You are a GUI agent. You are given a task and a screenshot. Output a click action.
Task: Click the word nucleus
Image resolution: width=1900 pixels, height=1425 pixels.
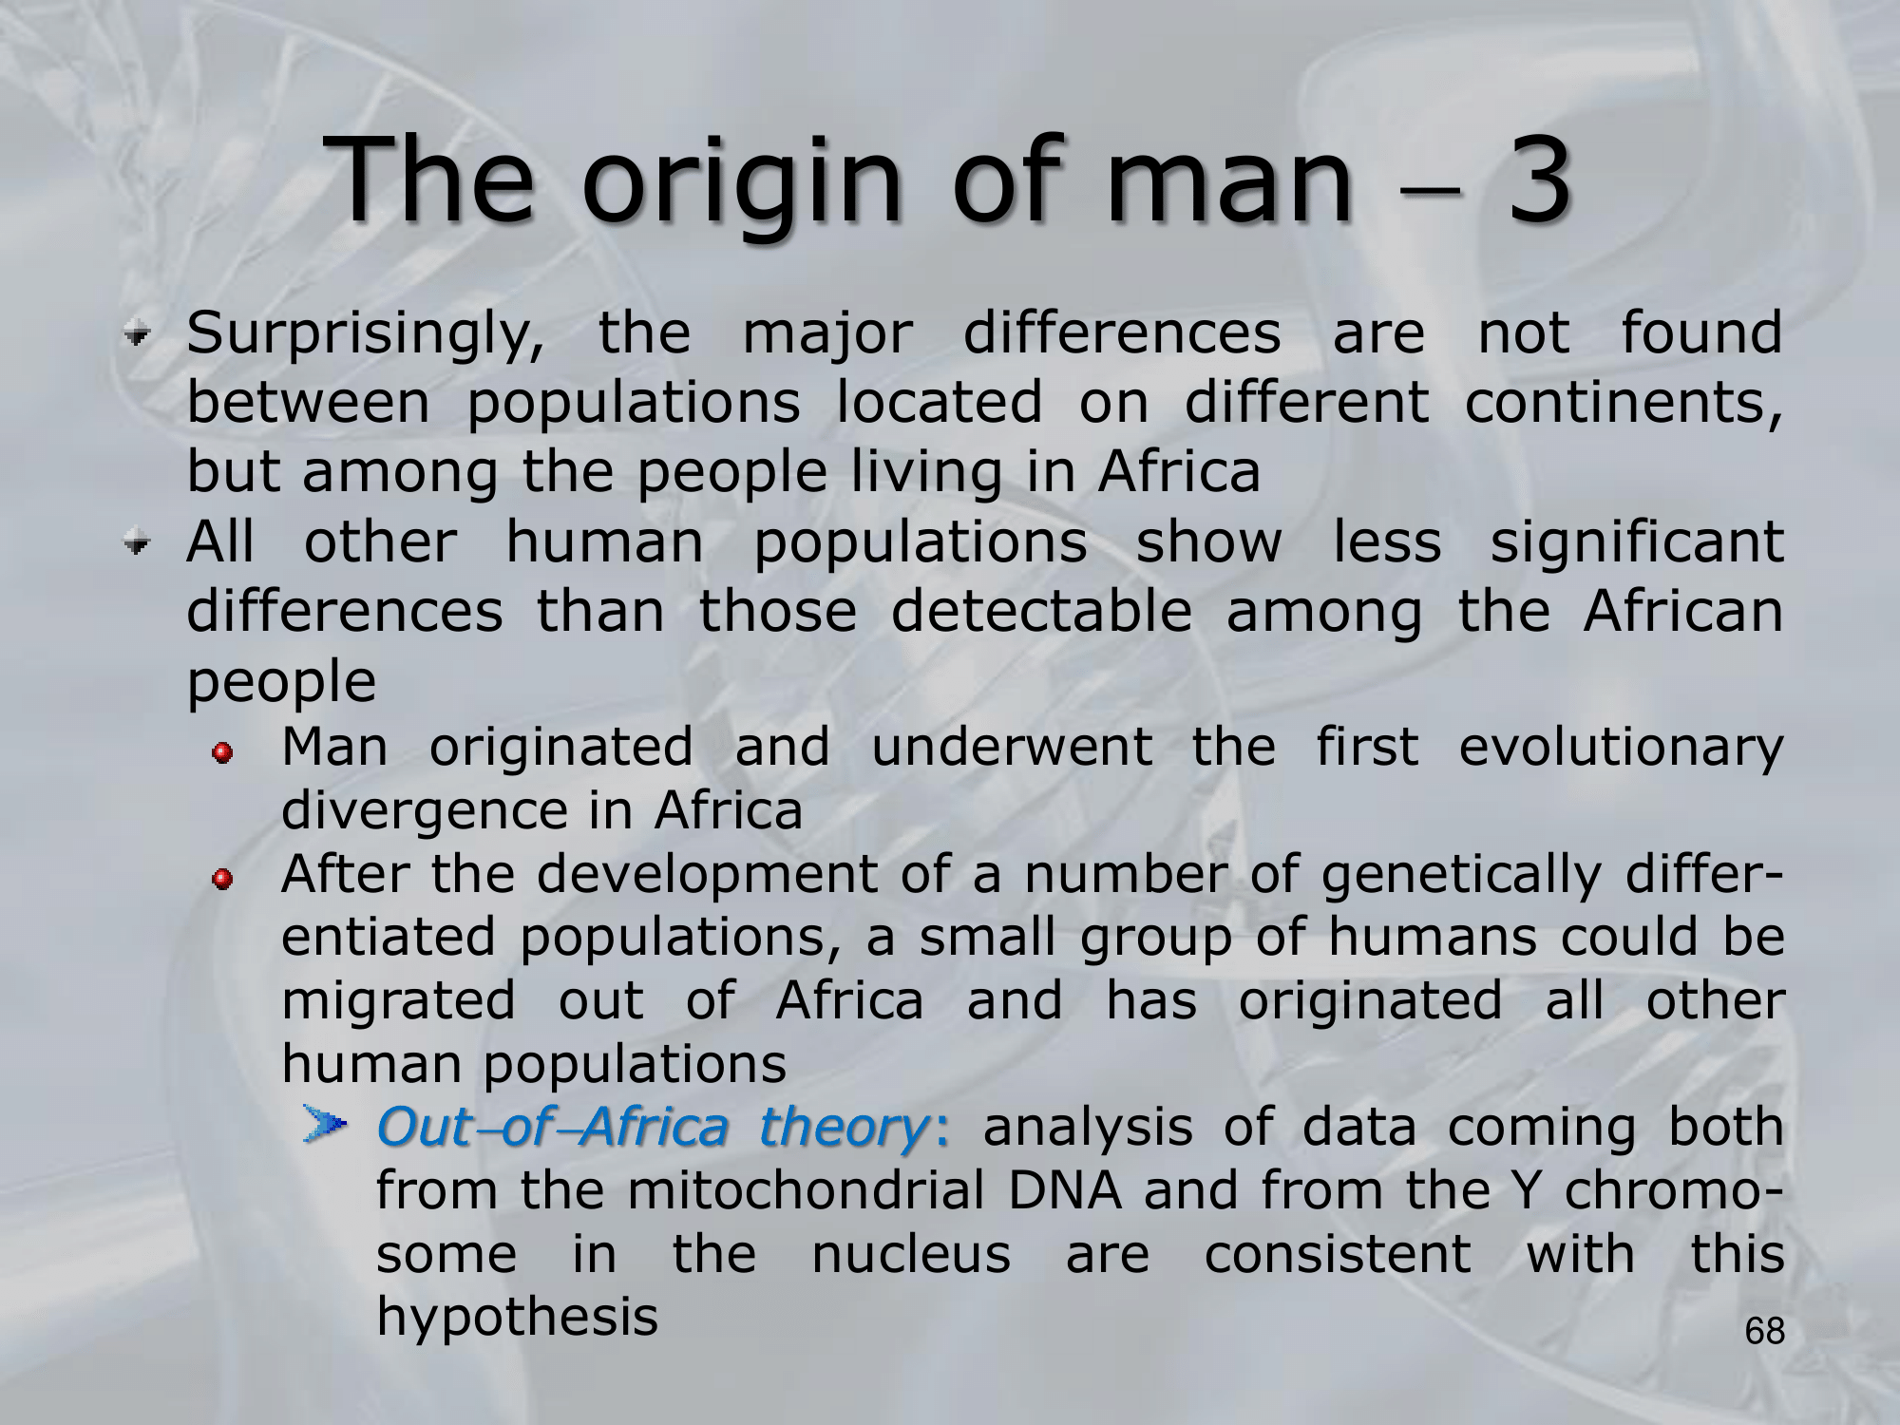[x=911, y=1255]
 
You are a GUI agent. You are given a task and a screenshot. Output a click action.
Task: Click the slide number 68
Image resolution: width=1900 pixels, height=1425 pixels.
[x=1765, y=1331]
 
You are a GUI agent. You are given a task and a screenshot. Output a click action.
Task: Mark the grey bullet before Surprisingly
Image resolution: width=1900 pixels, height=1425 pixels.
[x=141, y=334]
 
